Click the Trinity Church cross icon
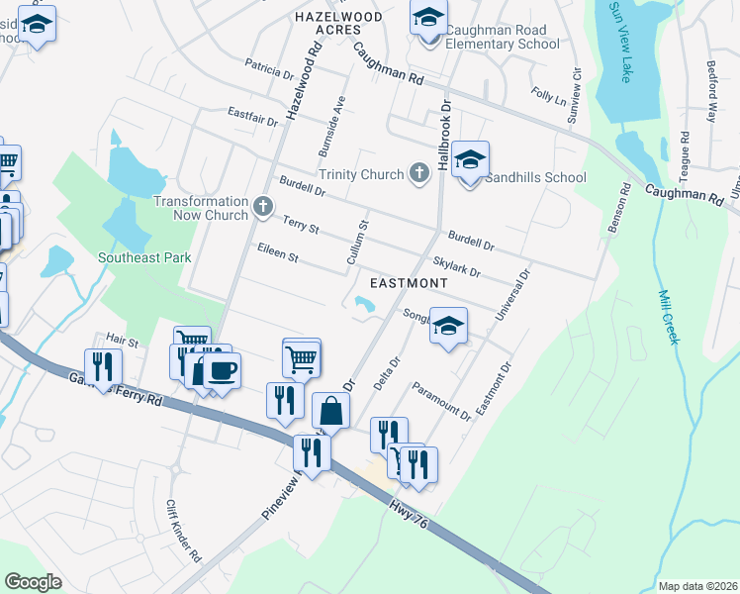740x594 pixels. pyautogui.click(x=419, y=174)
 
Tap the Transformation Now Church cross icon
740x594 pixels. pyautogui.click(x=262, y=207)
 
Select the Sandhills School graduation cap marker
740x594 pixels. pyautogui.click(x=471, y=160)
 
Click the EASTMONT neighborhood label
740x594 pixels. pyautogui.click(x=409, y=283)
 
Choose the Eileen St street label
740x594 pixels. pyautogui.click(x=277, y=254)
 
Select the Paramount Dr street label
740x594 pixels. pyautogui.click(x=441, y=401)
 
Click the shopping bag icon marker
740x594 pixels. pyautogui.click(x=330, y=411)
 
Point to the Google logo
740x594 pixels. pyautogui.click(x=34, y=582)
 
